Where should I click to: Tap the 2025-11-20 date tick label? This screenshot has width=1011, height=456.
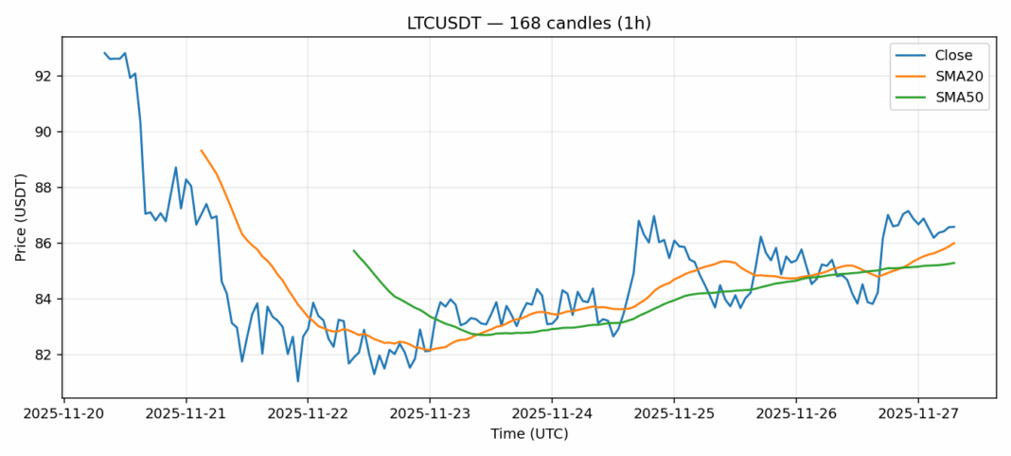pyautogui.click(x=63, y=414)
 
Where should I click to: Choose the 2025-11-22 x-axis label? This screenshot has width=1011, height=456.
pyautogui.click(x=308, y=414)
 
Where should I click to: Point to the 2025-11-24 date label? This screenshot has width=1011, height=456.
pyautogui.click(x=552, y=414)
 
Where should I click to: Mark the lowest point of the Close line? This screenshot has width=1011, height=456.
pyautogui.click(x=298, y=382)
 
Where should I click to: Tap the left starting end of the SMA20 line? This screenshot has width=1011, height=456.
pyautogui.click(x=201, y=150)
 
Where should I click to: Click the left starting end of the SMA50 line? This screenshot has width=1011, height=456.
pyautogui.click(x=353, y=250)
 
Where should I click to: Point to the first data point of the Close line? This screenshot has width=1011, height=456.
pyautogui.click(x=104, y=53)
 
